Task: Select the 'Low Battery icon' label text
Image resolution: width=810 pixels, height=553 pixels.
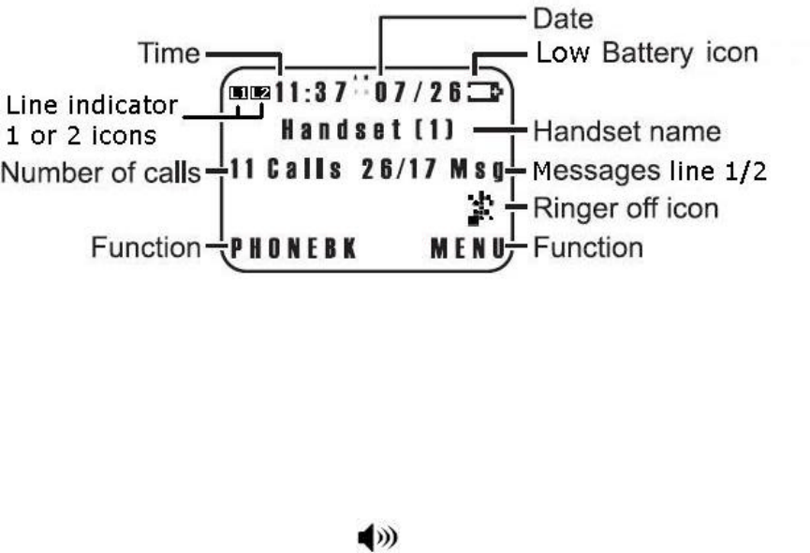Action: coord(646,52)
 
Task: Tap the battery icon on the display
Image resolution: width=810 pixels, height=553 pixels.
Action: coord(487,92)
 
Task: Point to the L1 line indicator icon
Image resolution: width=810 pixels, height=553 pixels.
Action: coord(239,93)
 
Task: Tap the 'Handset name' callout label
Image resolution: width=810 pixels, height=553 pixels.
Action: coord(626,130)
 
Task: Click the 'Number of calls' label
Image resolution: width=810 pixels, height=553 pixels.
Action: coord(102,172)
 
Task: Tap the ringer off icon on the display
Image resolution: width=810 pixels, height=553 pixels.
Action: coord(481,211)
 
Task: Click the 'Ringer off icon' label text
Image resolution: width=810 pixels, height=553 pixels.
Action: coord(625,207)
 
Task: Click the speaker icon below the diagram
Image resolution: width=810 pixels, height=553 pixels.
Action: coord(378,537)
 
